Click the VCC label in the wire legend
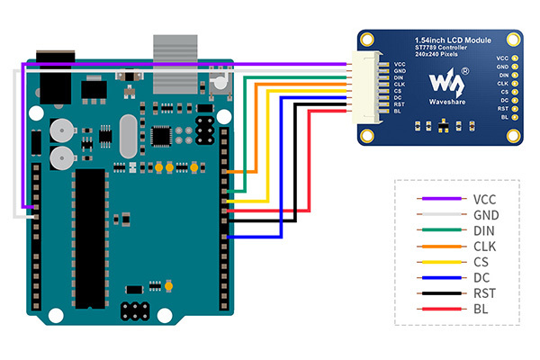click(483, 199)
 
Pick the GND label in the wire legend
click(484, 215)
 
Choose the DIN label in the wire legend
click(483, 230)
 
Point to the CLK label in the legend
click(483, 246)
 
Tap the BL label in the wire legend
click(479, 309)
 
